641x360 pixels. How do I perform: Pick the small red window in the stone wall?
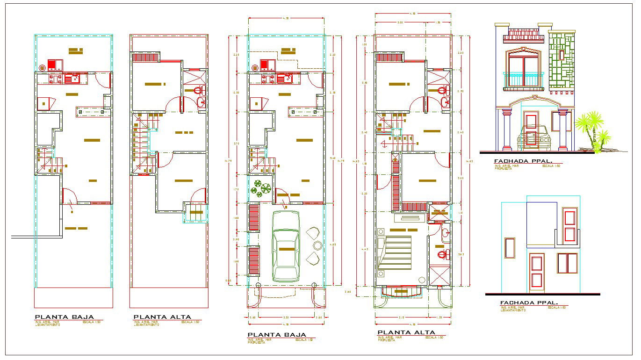pyautogui.click(x=561, y=55)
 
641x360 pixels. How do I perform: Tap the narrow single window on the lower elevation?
pyautogui.click(x=510, y=248)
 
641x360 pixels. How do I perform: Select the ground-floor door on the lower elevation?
pyautogui.click(x=537, y=271)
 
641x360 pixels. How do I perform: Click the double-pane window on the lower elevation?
pyautogui.click(x=567, y=263)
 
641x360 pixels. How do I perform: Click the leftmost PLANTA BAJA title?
pyautogui.click(x=65, y=317)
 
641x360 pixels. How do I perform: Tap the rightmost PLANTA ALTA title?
pyautogui.click(x=406, y=333)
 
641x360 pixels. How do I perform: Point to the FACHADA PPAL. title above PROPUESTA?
pyautogui.click(x=523, y=161)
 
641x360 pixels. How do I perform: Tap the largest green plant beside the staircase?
pyautogui.click(x=265, y=188)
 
